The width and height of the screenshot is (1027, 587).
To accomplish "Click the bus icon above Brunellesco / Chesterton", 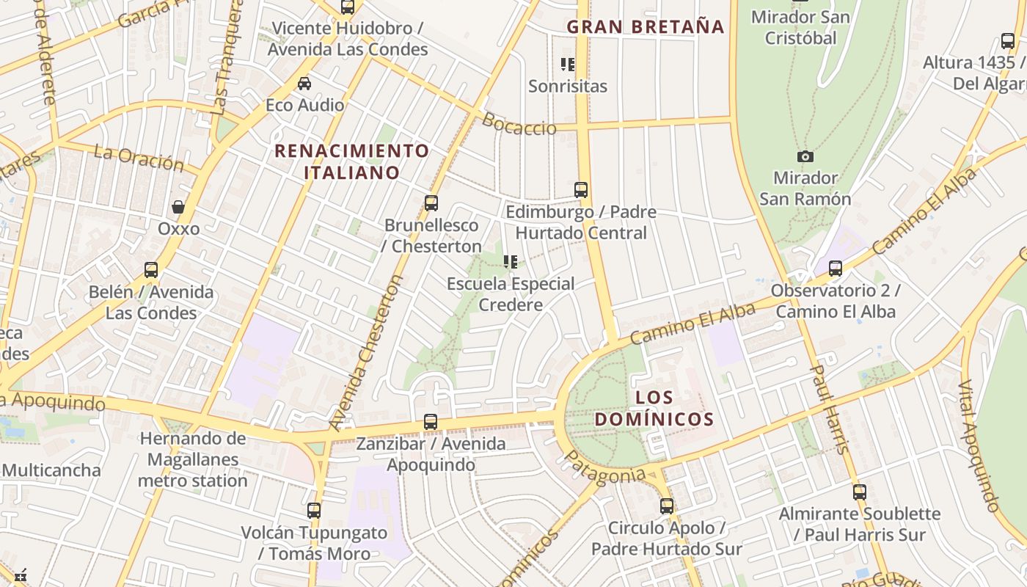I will (431, 203).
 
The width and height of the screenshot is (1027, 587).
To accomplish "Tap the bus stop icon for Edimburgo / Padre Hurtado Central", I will (581, 190).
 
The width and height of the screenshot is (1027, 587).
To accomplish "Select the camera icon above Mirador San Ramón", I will (805, 156).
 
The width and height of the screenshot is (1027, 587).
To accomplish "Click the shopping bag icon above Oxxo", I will (178, 207).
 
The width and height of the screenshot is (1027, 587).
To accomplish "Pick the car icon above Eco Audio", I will (304, 84).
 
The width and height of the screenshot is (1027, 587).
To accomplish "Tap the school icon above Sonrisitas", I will (568, 65).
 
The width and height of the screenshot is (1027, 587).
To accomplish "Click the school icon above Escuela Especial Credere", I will (511, 262).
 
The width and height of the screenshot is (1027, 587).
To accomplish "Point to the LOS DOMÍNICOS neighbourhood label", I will (654, 409).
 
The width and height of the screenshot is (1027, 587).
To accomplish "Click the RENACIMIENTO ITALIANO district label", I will (351, 162).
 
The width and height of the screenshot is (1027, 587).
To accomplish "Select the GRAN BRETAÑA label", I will (646, 27).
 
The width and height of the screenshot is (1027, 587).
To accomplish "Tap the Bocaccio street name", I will (519, 124).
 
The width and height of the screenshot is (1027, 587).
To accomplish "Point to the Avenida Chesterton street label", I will (366, 352).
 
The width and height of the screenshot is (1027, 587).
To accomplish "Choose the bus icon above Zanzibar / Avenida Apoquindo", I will (431, 422).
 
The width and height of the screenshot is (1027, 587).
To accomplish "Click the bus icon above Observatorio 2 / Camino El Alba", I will (835, 269).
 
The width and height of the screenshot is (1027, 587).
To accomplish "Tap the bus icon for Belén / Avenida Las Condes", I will (151, 270).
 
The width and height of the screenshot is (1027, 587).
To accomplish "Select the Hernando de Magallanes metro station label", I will (193, 460).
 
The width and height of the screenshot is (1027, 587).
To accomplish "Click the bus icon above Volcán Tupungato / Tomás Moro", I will (314, 511).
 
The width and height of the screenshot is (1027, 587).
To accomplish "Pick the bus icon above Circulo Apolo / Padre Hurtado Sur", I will (666, 506).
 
